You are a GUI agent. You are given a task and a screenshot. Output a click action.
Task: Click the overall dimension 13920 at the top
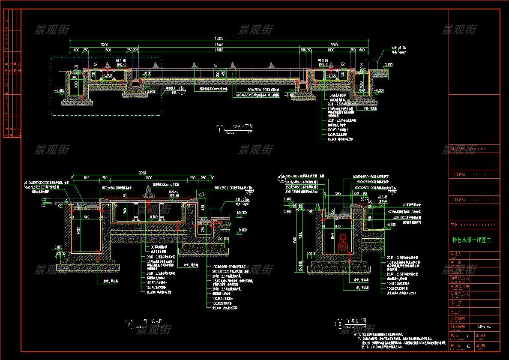[x=219, y=39]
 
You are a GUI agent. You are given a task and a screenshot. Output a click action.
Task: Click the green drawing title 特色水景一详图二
[x=472, y=240]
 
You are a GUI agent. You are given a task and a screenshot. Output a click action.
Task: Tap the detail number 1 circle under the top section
[x=221, y=129]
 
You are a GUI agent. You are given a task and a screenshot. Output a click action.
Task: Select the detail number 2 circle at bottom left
[x=129, y=324]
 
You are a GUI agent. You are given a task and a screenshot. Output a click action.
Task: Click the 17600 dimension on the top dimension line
[x=219, y=45]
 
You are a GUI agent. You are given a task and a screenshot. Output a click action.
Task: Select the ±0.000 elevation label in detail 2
[x=242, y=213]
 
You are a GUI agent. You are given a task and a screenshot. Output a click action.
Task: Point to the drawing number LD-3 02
[x=484, y=327]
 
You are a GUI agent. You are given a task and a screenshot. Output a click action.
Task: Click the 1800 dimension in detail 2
[x=148, y=178]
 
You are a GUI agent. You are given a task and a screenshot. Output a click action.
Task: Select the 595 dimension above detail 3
[x=337, y=194]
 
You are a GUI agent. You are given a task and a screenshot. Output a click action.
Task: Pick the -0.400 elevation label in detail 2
[x=242, y=230]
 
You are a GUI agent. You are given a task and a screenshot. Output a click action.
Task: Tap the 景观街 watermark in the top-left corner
[x=51, y=30]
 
